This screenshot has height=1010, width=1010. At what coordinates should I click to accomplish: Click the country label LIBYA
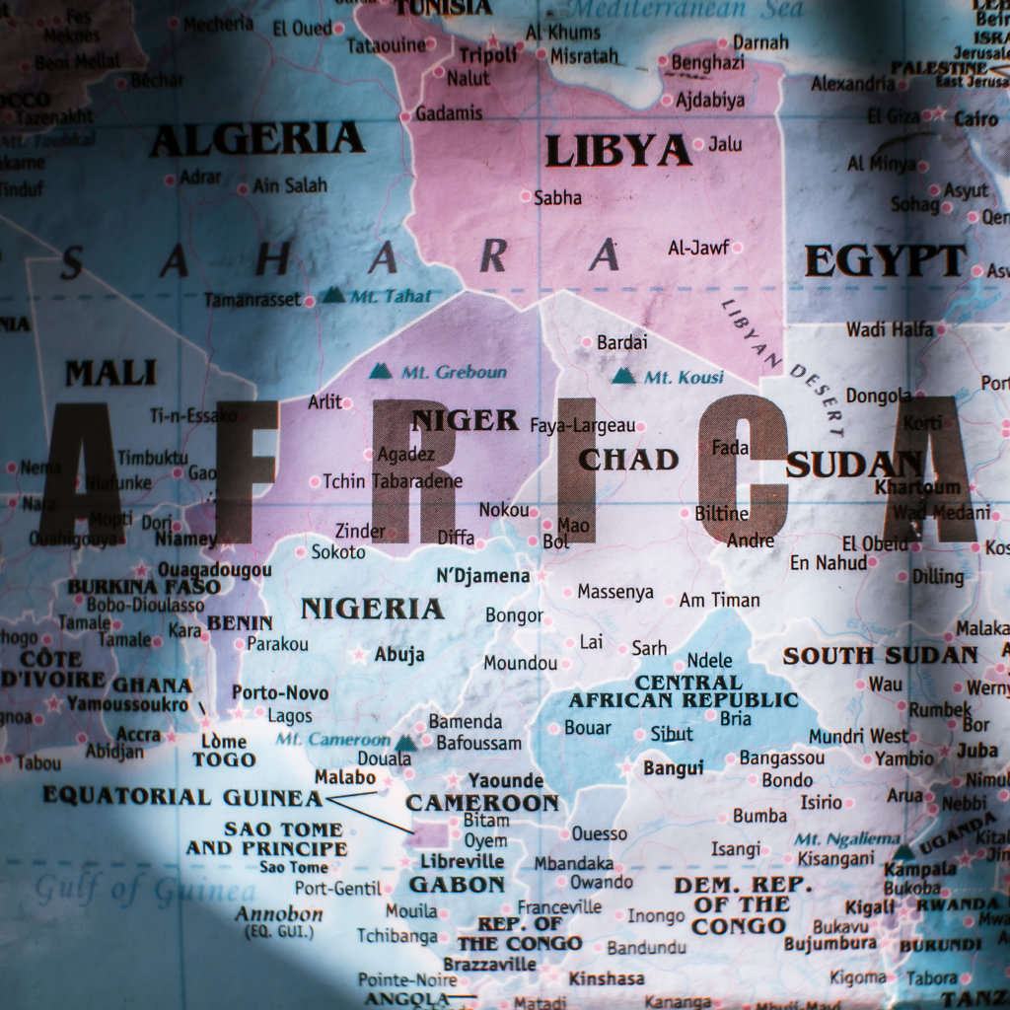617,151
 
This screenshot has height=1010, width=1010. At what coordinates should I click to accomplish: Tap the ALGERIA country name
256,140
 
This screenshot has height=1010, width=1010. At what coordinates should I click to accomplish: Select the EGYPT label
885,261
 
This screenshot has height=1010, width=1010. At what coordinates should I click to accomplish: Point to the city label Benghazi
707,63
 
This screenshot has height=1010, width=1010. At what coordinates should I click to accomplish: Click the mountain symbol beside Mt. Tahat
334,295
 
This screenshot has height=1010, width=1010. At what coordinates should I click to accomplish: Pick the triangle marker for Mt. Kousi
623,376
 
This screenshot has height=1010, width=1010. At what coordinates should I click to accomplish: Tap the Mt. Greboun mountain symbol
380,372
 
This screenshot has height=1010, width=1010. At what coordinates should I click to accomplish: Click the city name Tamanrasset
252,300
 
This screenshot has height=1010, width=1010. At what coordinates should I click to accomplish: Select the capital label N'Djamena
482,575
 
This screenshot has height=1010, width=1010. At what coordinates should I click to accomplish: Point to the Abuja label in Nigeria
399,654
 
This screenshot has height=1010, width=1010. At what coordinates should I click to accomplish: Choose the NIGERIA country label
372,609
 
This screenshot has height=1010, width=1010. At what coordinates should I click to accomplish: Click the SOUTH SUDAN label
880,656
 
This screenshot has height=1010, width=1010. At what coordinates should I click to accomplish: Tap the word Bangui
674,767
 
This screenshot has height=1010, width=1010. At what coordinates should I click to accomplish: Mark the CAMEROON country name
482,803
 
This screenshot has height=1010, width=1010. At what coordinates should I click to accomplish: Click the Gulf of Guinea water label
144,891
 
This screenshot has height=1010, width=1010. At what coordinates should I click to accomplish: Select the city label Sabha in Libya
557,198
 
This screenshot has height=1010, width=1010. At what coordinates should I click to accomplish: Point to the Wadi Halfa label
889,329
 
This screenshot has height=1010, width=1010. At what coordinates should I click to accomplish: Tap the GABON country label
457,885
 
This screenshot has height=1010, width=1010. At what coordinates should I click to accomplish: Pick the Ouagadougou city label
214,570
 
